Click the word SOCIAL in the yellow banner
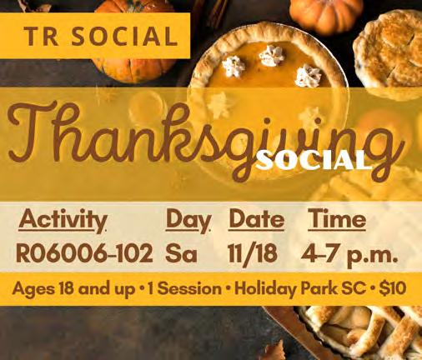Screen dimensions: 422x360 [124, 36]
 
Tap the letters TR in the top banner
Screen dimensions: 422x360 [41, 36]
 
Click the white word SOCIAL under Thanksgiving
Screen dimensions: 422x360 [314, 161]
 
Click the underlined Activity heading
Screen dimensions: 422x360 [63, 220]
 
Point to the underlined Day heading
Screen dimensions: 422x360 [188, 220]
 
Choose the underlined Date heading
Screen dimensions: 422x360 [256, 219]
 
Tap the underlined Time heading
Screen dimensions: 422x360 [337, 219]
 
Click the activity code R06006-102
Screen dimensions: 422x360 [84, 252]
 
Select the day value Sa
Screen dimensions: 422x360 [181, 253]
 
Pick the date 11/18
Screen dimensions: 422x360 [253, 253]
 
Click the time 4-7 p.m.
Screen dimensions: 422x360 [350, 254]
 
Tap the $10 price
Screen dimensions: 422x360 [393, 288]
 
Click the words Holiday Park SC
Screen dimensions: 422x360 [300, 289]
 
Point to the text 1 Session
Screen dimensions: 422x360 [184, 289]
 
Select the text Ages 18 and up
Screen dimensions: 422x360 [73, 289]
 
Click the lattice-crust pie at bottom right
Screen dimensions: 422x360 [361, 332]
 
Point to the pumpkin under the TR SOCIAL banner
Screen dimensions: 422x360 [133, 69]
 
